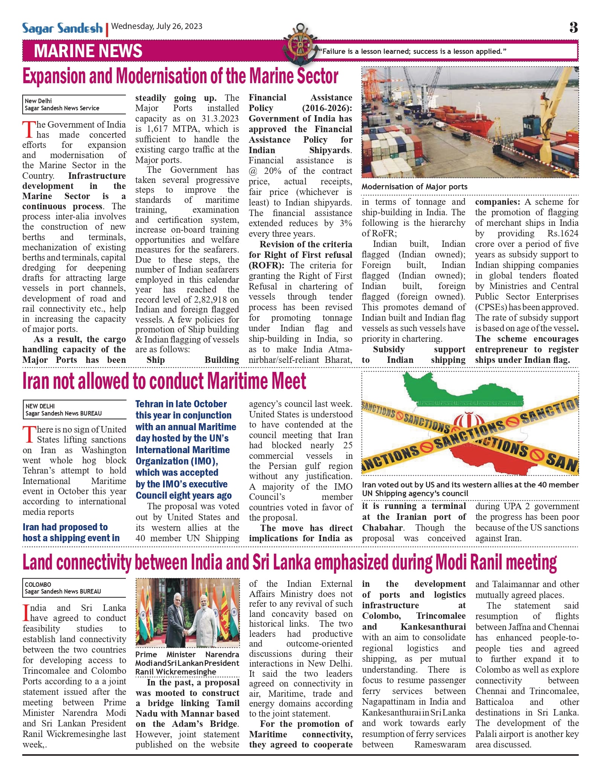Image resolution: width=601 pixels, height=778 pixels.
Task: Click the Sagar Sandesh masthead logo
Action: coord(62,29)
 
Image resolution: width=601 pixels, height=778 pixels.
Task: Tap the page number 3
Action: coord(573,27)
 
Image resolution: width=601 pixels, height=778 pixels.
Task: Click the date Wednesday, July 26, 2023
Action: coord(157,26)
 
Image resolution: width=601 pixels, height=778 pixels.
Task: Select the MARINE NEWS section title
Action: coord(88,51)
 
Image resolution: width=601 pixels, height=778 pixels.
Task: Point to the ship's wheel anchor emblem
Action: coord(300,45)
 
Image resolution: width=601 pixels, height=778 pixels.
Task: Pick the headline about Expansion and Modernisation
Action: coord(180,76)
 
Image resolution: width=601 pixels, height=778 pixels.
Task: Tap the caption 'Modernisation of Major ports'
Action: coord(414,187)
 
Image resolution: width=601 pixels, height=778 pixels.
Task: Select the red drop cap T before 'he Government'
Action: coord(29,129)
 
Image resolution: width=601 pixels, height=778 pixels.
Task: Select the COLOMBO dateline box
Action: coord(74,588)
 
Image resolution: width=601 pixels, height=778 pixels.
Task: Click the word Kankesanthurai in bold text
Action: coord(433,627)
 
